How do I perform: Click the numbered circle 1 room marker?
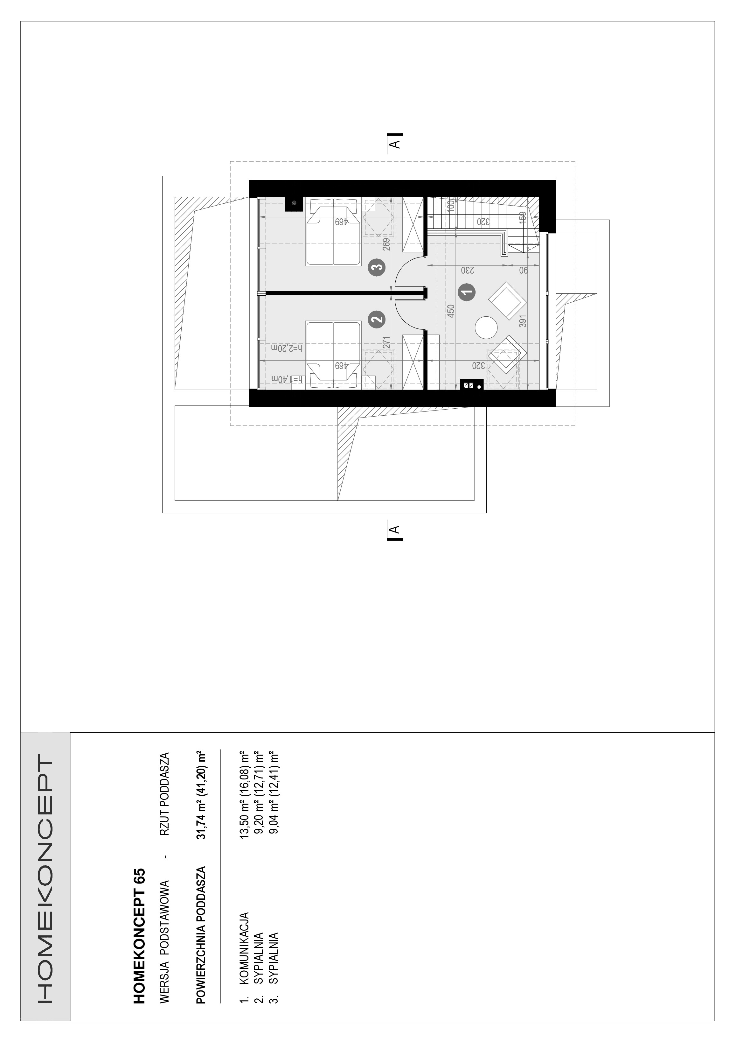(467, 291)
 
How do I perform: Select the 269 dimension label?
(386, 245)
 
